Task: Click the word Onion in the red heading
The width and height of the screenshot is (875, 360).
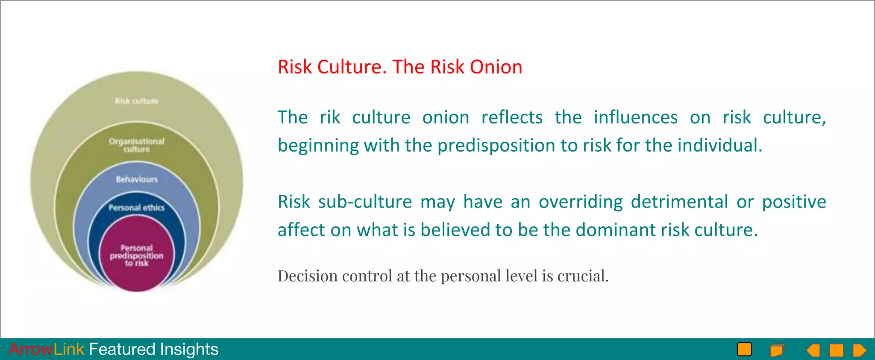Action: coord(496,67)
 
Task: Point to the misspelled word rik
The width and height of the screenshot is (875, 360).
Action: coord(330,117)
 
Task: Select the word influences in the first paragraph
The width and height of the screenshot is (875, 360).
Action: coord(635,117)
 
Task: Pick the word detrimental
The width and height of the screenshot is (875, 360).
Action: coord(679,202)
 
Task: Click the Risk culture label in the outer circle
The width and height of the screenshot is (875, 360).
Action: coord(137,101)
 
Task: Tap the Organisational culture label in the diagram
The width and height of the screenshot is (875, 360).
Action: coord(137,145)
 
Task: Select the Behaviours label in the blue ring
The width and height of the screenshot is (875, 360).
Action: coord(137,179)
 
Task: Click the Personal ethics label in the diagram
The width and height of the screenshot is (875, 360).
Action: coord(137,208)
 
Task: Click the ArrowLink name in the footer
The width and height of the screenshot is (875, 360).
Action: coord(46,349)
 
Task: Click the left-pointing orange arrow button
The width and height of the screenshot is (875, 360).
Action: coord(813,350)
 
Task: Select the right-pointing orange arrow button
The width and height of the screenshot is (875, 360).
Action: coord(859,350)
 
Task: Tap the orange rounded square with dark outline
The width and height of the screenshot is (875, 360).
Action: coord(744,349)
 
